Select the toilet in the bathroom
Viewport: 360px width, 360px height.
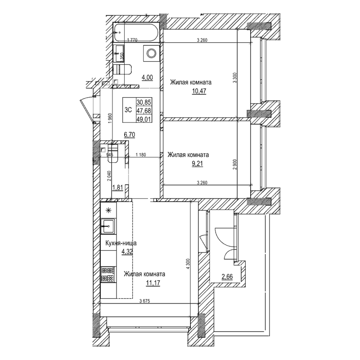[122, 69]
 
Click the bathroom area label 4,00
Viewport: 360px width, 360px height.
[147, 77]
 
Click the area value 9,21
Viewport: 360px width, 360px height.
[197, 164]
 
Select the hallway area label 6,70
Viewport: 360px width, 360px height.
[130, 134]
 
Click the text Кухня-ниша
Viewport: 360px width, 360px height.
[120, 243]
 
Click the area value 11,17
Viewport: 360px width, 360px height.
[153, 283]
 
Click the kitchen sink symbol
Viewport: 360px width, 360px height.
[108, 226]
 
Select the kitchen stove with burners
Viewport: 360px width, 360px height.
[108, 275]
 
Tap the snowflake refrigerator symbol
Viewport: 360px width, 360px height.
[108, 210]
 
